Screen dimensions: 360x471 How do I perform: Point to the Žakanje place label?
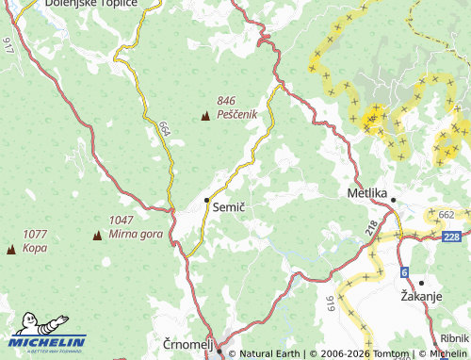(421, 296)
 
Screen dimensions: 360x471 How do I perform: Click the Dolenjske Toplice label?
(91, 5)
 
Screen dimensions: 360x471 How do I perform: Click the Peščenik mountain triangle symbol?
(205, 116)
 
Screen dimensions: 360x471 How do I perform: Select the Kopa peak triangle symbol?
(11, 249)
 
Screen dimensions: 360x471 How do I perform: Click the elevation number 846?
(226, 101)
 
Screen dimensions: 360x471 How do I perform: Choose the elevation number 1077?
(35, 234)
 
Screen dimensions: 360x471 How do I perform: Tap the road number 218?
(372, 227)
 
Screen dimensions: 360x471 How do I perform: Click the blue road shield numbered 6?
(405, 272)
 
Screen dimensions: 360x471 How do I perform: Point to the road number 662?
(446, 215)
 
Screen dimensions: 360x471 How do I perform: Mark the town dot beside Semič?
(207, 200)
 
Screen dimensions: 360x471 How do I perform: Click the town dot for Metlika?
(394, 200)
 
